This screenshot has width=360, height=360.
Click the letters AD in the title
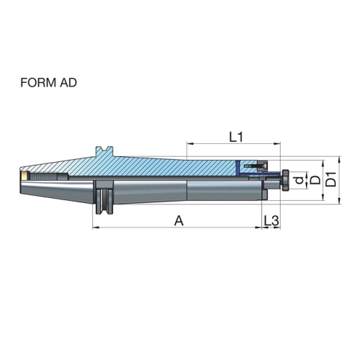tap(68, 83)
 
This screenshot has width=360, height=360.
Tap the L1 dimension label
tap(236, 138)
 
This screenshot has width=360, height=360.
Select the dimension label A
tap(179, 221)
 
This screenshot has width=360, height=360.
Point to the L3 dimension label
tap(271, 221)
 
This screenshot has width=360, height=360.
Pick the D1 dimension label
tap(331, 179)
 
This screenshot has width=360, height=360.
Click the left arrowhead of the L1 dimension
tap(190, 144)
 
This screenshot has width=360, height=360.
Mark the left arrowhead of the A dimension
tap(96, 228)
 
